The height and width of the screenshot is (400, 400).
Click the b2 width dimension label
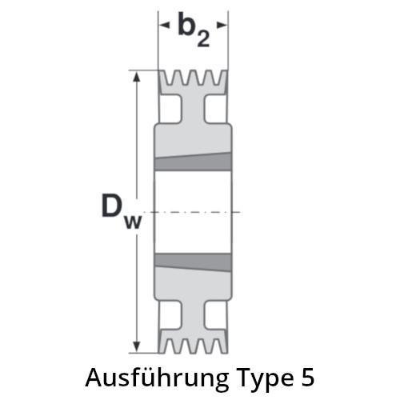[194, 30]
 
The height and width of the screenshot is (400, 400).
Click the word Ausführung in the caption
[157, 378]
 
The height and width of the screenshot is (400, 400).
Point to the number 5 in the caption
[308, 378]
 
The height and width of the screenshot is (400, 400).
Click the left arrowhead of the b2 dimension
[164, 26]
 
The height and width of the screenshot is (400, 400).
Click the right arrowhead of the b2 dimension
[222, 26]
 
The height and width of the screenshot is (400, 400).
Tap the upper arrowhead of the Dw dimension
[137, 77]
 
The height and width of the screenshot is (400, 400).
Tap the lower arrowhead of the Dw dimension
[137, 346]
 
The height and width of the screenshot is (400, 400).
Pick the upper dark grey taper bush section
[193, 162]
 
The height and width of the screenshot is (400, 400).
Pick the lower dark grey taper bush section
[193, 262]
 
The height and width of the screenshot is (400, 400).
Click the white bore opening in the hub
[193, 212]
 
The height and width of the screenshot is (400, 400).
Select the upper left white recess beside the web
[170, 109]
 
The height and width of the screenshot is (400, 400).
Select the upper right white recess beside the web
[216, 109]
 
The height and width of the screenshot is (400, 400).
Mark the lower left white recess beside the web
[170, 315]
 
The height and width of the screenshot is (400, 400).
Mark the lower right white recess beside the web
[216, 315]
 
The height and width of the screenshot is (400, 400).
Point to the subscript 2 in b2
[203, 38]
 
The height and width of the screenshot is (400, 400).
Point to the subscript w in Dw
[133, 222]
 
